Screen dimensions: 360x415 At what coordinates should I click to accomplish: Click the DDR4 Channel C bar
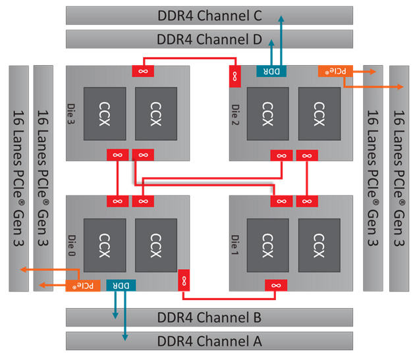click(x=209, y=15)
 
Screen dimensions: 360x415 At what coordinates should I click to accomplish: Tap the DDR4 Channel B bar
click(x=209, y=318)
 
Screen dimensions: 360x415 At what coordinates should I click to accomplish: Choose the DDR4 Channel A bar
click(x=209, y=341)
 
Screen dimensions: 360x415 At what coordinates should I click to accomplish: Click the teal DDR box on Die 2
click(x=271, y=71)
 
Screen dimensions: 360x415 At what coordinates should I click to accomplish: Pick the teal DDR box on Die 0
click(x=121, y=285)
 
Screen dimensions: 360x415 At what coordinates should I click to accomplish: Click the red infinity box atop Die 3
click(x=143, y=70)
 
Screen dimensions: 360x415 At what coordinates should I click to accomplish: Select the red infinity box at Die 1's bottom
click(x=277, y=285)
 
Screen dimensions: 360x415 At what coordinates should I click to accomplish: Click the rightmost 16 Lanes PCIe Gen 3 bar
click(x=399, y=178)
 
